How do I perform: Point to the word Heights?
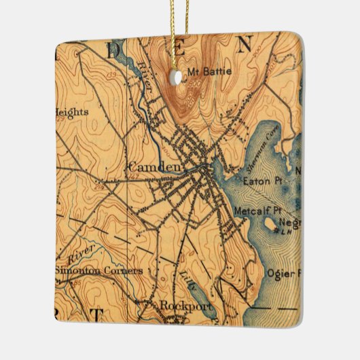(72, 112)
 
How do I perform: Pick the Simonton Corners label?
(99, 270)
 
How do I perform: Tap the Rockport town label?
(185, 306)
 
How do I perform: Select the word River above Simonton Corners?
(81, 257)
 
